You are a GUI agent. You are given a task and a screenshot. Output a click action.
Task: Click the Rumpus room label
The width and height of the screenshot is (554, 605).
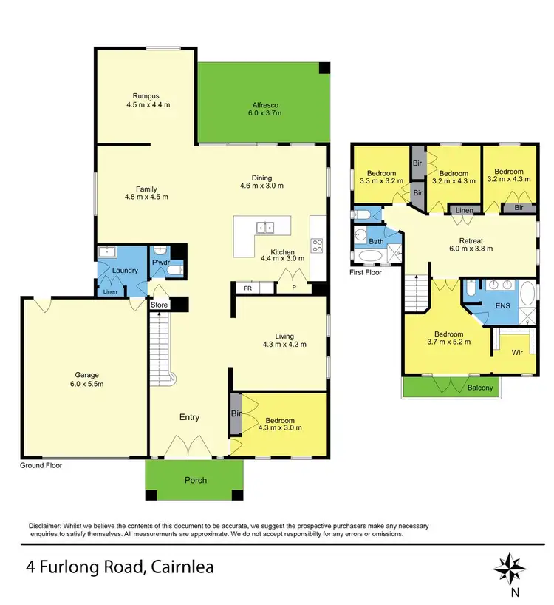(x=146, y=95)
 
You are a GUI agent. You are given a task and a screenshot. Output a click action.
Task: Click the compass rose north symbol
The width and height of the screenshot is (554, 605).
(x=509, y=567)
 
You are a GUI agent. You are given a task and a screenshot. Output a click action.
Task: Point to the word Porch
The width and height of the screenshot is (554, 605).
(x=196, y=480)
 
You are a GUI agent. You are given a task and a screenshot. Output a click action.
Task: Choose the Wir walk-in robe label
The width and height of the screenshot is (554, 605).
(x=518, y=353)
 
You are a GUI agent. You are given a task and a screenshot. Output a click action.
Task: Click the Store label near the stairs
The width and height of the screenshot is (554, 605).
(x=159, y=304)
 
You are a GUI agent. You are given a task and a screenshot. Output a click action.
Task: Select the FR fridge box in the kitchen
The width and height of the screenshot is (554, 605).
(x=248, y=288)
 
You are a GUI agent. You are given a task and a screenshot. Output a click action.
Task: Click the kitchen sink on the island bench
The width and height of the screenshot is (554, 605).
(x=264, y=228)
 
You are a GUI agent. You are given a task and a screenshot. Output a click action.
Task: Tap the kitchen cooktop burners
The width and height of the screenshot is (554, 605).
(x=318, y=246)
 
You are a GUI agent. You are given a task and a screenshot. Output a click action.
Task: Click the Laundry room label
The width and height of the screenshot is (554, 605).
(x=126, y=271)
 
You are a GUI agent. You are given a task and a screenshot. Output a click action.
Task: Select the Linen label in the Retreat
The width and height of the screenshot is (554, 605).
(x=464, y=212)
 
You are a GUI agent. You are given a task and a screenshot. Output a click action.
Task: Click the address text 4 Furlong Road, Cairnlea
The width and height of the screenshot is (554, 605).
(x=120, y=568)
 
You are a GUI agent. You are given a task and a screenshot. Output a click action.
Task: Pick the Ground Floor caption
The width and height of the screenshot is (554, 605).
(x=41, y=466)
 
